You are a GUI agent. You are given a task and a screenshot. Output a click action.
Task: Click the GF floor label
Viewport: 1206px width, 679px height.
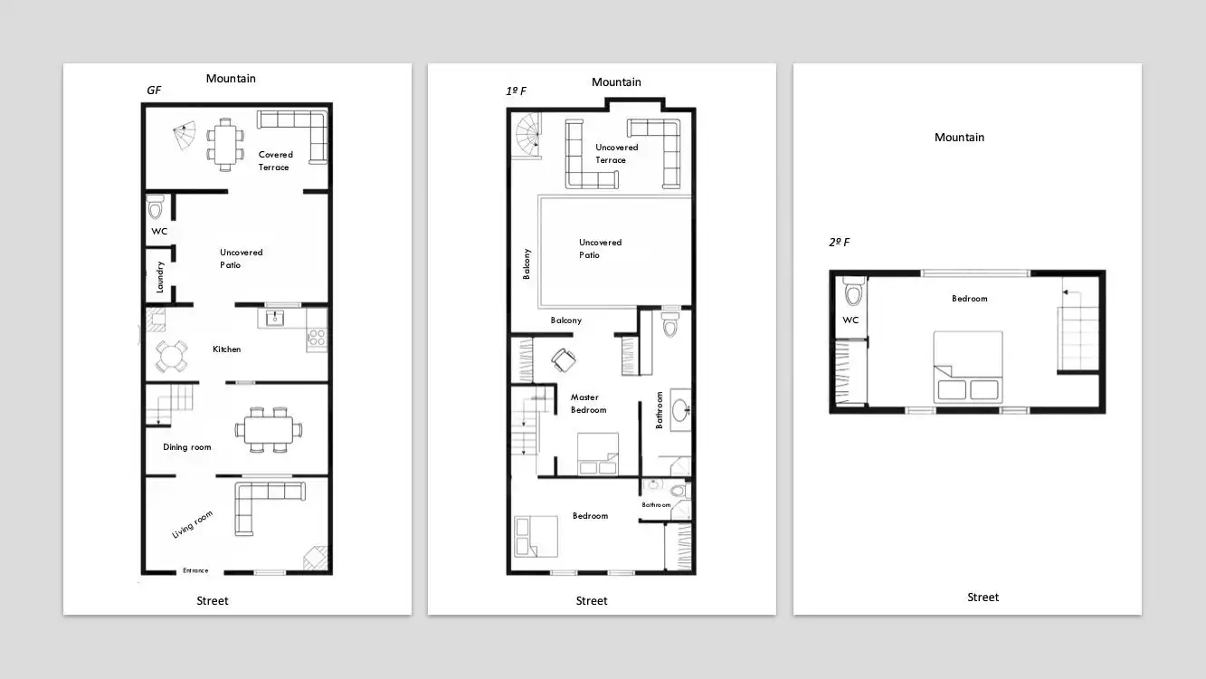pyautogui.click(x=154, y=91)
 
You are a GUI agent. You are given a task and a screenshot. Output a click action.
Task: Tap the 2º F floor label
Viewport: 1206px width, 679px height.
pyautogui.click(x=839, y=243)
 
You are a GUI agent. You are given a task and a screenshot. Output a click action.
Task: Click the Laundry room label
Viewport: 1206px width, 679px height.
pyautogui.click(x=160, y=277)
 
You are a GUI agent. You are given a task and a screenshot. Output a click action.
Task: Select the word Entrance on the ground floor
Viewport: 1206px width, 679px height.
pyautogui.click(x=195, y=570)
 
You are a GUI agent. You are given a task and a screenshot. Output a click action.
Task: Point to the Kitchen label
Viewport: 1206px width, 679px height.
pyautogui.click(x=227, y=349)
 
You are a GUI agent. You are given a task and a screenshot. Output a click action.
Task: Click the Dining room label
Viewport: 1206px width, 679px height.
pyautogui.click(x=186, y=446)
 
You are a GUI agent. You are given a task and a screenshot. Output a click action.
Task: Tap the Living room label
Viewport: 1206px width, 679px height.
pyautogui.click(x=192, y=524)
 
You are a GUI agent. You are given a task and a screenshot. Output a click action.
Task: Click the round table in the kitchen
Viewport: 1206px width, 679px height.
pyautogui.click(x=172, y=356)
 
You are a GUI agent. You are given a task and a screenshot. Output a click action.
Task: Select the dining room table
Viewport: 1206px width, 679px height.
pyautogui.click(x=268, y=430)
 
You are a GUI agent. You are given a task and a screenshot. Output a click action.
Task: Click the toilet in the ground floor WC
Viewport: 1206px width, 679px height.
pyautogui.click(x=156, y=207)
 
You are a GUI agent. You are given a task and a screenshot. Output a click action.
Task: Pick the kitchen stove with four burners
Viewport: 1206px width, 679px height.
pyautogui.click(x=317, y=337)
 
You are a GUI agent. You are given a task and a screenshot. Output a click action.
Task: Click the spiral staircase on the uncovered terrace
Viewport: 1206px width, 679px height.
pyautogui.click(x=528, y=136)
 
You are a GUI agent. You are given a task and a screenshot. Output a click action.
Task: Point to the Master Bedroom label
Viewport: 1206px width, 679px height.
pyautogui.click(x=588, y=404)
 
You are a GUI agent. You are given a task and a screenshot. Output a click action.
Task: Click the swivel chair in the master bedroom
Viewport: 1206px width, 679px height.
pyautogui.click(x=564, y=360)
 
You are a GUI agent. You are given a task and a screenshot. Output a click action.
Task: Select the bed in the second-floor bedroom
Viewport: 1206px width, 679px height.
pyautogui.click(x=967, y=367)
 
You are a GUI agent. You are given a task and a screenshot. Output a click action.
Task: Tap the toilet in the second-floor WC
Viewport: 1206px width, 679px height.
pyautogui.click(x=853, y=292)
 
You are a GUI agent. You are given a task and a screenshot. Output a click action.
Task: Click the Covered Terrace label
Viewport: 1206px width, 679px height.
pyautogui.click(x=276, y=160)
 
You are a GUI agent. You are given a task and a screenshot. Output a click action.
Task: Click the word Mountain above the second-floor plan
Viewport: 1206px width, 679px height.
pyautogui.click(x=959, y=138)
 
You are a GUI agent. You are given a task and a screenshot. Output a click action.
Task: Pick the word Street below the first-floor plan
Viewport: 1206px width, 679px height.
pyautogui.click(x=592, y=601)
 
